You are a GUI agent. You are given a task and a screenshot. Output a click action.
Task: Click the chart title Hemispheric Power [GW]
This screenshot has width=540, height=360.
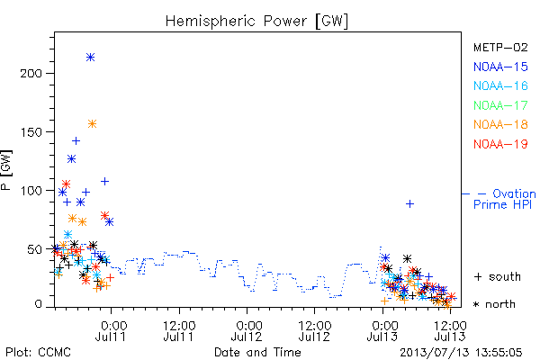(256, 22)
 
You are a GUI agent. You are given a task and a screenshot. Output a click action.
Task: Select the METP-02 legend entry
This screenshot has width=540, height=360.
(500, 47)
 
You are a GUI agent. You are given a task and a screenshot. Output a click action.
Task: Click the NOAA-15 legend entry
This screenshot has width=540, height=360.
(500, 67)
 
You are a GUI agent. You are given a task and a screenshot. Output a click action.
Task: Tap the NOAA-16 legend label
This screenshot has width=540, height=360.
(500, 85)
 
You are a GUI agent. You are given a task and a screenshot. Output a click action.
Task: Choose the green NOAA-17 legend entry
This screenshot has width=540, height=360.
(500, 105)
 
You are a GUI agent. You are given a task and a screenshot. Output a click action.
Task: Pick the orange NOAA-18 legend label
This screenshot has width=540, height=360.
(500, 124)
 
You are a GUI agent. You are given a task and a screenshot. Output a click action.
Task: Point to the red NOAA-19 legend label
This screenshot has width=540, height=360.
(500, 144)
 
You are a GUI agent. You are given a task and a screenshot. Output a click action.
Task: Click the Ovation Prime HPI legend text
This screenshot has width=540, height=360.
(505, 199)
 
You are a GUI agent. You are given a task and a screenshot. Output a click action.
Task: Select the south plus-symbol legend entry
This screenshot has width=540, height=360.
(498, 276)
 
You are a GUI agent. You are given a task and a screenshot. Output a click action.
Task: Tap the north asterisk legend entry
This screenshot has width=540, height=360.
(494, 304)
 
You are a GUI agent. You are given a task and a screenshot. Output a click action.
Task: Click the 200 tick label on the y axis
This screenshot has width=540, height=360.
(31, 74)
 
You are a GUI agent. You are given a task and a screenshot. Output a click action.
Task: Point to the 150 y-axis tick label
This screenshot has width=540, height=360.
(31, 132)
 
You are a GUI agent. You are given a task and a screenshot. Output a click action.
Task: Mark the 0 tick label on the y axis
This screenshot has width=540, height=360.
(38, 304)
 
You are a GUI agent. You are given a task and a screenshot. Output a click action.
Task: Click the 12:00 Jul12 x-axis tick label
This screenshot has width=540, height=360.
(315, 330)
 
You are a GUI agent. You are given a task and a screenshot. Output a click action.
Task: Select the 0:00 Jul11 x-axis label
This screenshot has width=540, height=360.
(112, 330)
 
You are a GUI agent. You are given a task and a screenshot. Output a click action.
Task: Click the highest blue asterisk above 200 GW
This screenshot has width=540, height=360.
(90, 58)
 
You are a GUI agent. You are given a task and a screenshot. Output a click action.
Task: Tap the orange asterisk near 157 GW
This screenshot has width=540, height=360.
(92, 124)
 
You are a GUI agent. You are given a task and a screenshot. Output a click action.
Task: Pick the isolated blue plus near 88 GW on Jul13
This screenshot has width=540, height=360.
(409, 204)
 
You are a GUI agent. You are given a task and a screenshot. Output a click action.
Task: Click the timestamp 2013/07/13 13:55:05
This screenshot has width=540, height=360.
(461, 353)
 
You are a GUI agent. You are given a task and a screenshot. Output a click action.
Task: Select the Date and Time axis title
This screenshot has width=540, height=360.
(257, 352)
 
